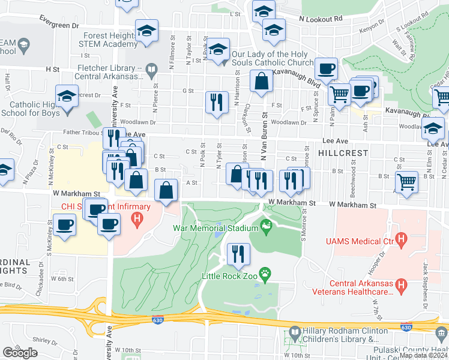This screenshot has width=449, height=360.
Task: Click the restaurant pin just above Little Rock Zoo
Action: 238,254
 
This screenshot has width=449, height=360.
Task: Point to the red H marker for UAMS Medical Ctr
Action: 403,241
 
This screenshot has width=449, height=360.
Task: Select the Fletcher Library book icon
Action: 152,72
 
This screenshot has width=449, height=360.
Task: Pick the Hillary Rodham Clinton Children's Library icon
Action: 294,331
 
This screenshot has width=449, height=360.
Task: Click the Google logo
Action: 20,353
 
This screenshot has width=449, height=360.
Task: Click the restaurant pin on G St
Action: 217,101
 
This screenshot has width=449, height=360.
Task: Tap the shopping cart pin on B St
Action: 408,182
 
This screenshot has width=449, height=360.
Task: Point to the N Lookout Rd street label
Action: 321,19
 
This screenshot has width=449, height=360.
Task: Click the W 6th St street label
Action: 62,279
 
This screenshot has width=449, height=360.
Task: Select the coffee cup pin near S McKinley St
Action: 64,226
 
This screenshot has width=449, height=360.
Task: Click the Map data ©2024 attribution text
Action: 423,355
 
